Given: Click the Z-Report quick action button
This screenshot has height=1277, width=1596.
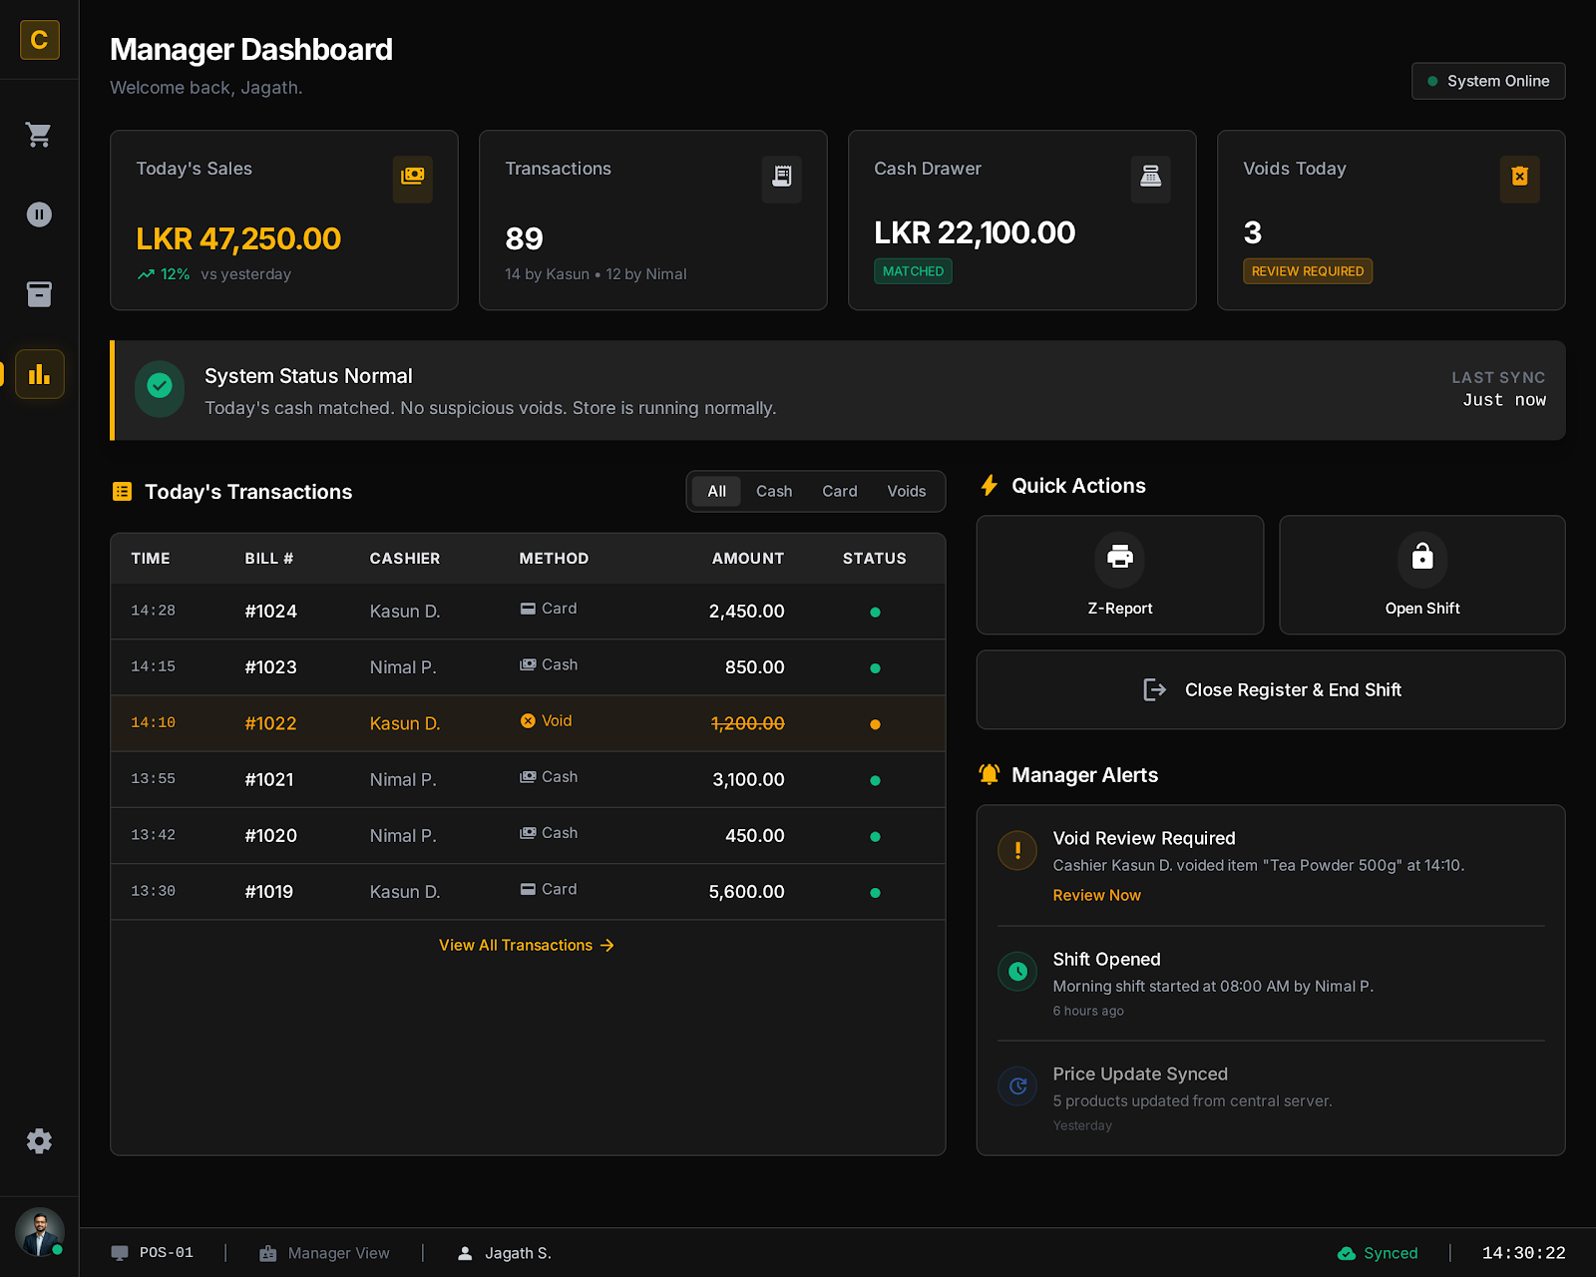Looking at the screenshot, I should pos(1119,575).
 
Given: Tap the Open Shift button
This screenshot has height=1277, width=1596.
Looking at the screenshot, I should pos(1421,575).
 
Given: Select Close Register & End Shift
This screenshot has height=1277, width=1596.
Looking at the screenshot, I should pos(1270,689).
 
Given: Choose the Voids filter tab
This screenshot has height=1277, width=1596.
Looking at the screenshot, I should pos(906,491).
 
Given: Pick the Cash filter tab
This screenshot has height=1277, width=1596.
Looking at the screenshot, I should pos(773,491).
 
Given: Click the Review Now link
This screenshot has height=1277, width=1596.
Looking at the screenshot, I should pos(1096,895).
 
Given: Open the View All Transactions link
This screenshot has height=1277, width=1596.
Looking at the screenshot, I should pos(526,945).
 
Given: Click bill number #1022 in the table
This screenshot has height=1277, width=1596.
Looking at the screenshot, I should pos(270,723).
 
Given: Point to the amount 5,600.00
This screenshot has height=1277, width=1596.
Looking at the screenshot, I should pos(746,892).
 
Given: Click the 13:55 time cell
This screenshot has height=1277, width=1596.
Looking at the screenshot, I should pos(153,779).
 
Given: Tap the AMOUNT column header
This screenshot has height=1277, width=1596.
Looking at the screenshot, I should pos(747,559).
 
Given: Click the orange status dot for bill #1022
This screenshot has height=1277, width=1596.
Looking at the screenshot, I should pos(875,724).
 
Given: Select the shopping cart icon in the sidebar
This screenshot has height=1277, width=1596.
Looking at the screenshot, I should pos(39,135).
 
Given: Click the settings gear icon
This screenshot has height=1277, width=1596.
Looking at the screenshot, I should pos(39,1140).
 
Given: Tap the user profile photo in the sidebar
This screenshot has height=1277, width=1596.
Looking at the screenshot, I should pos(39,1232).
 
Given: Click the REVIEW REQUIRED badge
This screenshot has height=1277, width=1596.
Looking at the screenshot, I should pos(1307,271).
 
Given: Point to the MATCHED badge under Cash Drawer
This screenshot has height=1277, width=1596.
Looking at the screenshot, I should pos(913,271).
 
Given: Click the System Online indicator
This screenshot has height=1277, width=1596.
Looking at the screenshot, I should pos(1487,81).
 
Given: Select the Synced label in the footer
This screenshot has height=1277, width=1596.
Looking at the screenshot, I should pos(1390,1253).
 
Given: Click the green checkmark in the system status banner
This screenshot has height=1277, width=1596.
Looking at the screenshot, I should pos(160,386).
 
